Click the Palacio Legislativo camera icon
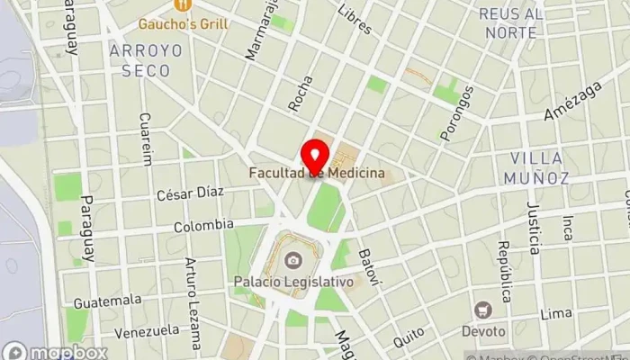click(x=292, y=261)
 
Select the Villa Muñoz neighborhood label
click(x=539, y=167)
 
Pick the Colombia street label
click(x=203, y=225)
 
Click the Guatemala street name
click(x=108, y=300)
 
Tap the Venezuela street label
click(x=146, y=330)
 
